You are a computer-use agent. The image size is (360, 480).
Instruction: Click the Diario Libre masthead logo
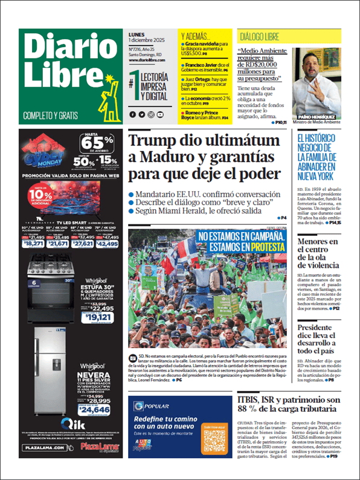(60, 66)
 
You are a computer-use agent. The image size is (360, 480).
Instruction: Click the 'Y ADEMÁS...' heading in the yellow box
(196, 36)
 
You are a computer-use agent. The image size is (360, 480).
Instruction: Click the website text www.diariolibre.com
(149, 58)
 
